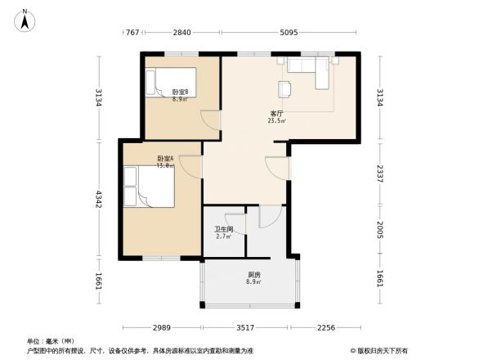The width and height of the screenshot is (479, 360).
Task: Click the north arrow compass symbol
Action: point(25,18)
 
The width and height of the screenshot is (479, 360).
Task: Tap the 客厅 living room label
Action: point(278,113)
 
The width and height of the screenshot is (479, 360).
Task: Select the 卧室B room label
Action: point(180,92)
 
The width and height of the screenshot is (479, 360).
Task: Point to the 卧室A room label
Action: point(166,158)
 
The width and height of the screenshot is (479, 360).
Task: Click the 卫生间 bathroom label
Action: point(224,229)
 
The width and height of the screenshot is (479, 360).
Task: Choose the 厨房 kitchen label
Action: point(255,274)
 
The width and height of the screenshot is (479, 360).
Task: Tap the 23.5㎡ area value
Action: point(277,120)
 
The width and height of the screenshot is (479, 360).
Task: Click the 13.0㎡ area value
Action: point(166,165)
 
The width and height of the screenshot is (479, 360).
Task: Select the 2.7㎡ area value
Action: point(224,236)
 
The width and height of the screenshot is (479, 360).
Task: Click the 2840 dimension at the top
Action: point(181,33)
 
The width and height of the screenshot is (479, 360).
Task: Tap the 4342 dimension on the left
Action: point(99,199)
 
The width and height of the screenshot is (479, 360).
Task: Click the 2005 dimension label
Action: point(381,230)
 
